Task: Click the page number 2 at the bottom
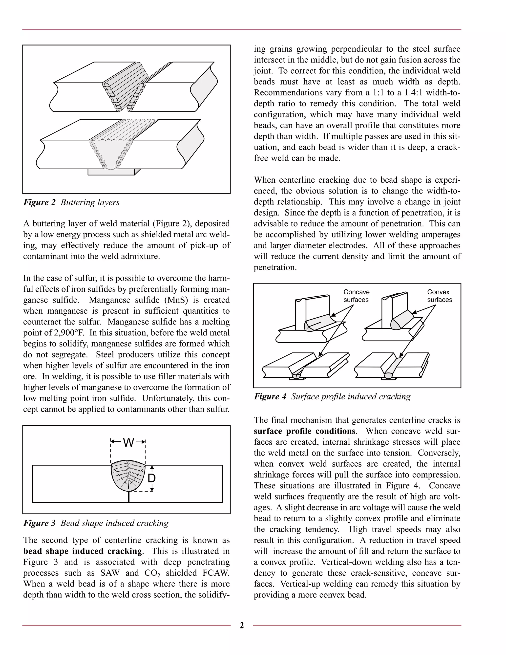point(242,625)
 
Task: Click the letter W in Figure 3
point(128,443)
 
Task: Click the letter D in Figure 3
point(152,478)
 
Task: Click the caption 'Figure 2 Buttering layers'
point(71,202)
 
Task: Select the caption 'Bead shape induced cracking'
point(114,523)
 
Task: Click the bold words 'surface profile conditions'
point(304,431)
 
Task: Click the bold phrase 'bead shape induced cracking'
point(83,551)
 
